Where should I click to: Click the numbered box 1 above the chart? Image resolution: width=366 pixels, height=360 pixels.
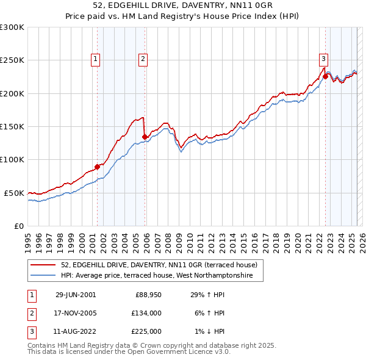tap(96, 59)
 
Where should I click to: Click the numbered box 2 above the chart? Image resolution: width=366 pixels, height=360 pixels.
tap(143, 59)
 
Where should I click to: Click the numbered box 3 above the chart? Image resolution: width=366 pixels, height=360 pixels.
tap(323, 59)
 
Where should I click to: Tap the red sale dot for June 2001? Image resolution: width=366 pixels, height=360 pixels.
tap(98, 167)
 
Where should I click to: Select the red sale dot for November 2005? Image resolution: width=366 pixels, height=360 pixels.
tap(145, 137)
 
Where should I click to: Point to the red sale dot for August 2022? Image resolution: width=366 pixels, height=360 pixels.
tap(325, 76)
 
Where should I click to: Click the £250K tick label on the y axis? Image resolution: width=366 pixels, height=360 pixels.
tap(12, 60)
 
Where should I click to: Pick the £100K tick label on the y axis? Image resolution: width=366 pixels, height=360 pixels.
tap(12, 159)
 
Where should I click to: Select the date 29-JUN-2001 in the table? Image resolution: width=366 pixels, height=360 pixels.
tap(76, 295)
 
